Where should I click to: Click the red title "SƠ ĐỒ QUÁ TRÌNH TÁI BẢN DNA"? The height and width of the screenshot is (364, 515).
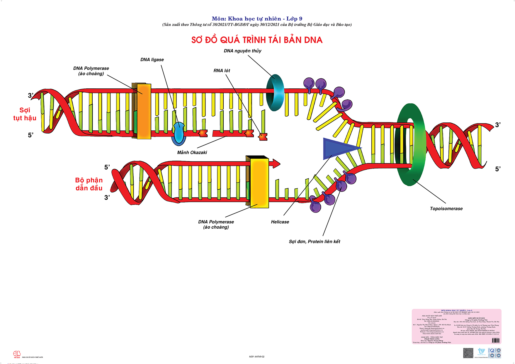pyautogui.click(x=257, y=40)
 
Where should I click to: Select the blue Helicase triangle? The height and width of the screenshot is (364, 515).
pyautogui.click(x=337, y=149)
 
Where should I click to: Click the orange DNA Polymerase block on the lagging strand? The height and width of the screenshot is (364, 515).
pyautogui.click(x=144, y=111)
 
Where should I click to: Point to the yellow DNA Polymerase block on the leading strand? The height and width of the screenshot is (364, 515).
pyautogui.click(x=259, y=182)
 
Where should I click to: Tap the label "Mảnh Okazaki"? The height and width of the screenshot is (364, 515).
pyautogui.click(x=192, y=152)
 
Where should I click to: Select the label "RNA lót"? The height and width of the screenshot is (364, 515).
pyautogui.click(x=222, y=70)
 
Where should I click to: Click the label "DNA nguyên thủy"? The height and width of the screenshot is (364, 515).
pyautogui.click(x=242, y=51)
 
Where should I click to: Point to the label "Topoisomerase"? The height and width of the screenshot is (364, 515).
pyautogui.click(x=446, y=208)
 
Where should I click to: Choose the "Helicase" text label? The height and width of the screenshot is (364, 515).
pyautogui.click(x=280, y=222)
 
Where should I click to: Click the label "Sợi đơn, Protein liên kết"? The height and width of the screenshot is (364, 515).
pyautogui.click(x=315, y=242)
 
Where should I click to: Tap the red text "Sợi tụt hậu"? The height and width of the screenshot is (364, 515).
pyautogui.click(x=25, y=114)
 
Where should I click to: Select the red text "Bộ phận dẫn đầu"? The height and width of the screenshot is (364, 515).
pyautogui.click(x=89, y=184)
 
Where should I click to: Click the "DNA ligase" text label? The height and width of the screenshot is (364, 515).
pyautogui.click(x=152, y=60)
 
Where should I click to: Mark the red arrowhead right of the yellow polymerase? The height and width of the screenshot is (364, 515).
pyautogui.click(x=276, y=163)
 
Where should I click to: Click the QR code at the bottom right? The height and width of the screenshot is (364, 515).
pyautogui.click(x=468, y=353)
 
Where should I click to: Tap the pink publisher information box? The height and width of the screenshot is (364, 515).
pyautogui.click(x=456, y=326)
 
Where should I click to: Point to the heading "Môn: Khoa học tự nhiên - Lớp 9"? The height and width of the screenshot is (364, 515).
pyautogui.click(x=257, y=19)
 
